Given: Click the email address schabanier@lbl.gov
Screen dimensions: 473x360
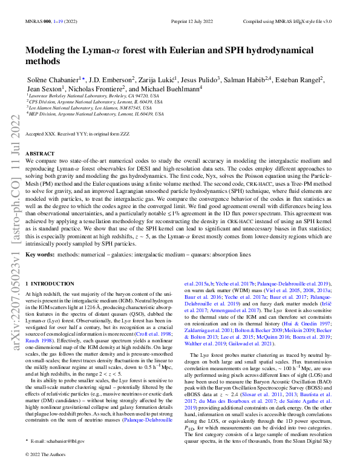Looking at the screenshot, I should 61,442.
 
